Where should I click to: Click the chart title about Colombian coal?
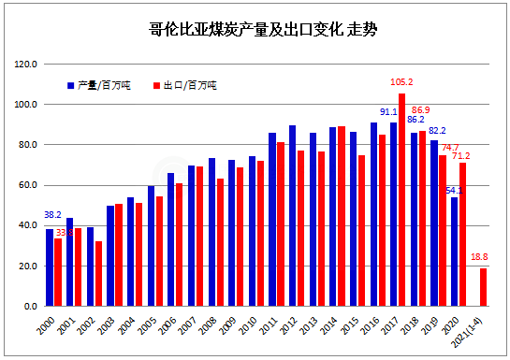[x=255, y=31]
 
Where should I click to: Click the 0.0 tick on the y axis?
[x=29, y=306]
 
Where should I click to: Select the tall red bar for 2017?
[x=401, y=200]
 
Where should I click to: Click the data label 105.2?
[x=402, y=82]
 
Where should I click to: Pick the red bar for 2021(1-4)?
[x=483, y=287]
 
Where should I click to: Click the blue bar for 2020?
[x=454, y=252]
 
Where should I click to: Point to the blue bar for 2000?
[x=50, y=267]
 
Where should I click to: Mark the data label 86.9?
[x=421, y=109]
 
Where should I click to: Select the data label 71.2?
[x=459, y=154]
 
